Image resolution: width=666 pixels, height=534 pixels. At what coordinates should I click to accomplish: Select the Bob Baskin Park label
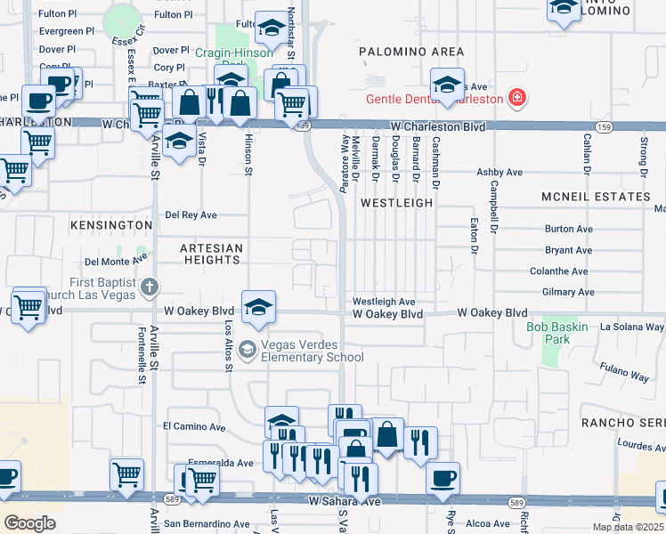[x=559, y=334]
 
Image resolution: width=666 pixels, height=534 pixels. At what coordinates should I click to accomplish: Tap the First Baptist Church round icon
[x=150, y=287]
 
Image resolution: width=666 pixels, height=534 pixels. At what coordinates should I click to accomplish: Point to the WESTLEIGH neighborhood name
[x=396, y=203]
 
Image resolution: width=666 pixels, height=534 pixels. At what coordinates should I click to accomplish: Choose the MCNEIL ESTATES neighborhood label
[x=596, y=196]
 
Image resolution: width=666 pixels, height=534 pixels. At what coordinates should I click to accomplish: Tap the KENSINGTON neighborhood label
[x=107, y=226]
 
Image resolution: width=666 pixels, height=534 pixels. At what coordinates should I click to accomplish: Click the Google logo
[x=30, y=522]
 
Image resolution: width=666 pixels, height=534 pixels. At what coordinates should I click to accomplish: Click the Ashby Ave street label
[x=499, y=172]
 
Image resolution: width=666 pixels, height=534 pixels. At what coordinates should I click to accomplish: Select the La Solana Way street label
[x=631, y=328]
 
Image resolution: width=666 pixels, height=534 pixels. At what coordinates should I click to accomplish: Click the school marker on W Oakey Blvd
[x=257, y=306]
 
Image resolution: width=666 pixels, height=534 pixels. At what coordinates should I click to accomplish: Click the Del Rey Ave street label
[x=191, y=215]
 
